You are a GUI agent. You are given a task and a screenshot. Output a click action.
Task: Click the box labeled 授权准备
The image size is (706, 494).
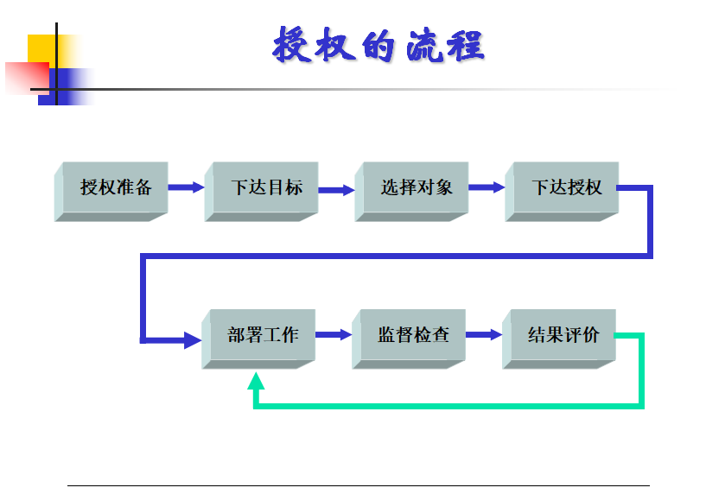pyautogui.click(x=111, y=191)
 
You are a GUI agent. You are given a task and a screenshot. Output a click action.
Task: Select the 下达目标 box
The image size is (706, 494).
pyautogui.click(x=262, y=191)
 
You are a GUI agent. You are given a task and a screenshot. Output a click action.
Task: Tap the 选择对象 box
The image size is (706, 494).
pyautogui.click(x=412, y=191)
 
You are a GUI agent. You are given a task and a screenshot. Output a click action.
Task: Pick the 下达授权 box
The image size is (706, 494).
pyautogui.click(x=562, y=191)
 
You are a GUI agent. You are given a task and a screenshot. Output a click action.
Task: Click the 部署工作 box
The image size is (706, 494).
pyautogui.click(x=258, y=339)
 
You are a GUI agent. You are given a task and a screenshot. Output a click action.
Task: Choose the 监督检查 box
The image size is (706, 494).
pyautogui.click(x=409, y=339)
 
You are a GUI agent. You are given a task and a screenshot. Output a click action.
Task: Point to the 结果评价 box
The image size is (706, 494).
pyautogui.click(x=559, y=339)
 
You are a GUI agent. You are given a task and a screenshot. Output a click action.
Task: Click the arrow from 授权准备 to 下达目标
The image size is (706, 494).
pyautogui.click(x=187, y=187)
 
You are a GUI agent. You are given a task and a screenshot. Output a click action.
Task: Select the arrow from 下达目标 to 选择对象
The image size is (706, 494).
pyautogui.click(x=337, y=190)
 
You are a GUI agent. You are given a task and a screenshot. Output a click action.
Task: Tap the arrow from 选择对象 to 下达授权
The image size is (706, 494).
pyautogui.click(x=487, y=187)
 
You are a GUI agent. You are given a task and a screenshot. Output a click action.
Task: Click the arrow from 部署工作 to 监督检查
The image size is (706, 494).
pyautogui.click(x=334, y=334)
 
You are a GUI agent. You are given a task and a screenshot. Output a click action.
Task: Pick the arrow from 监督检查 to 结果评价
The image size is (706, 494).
pyautogui.click(x=484, y=334)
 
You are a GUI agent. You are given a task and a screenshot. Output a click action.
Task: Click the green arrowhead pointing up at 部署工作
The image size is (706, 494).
pyautogui.click(x=256, y=382)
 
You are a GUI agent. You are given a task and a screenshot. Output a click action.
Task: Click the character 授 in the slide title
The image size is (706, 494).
pyautogui.click(x=292, y=44)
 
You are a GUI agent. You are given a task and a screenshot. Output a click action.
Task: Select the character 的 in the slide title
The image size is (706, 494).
pyautogui.click(x=378, y=46)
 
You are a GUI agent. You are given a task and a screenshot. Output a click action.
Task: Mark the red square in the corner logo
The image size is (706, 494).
pyautogui.click(x=27, y=79)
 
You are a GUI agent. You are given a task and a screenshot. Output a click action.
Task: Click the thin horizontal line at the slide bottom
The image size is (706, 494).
pyautogui.click(x=359, y=485)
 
